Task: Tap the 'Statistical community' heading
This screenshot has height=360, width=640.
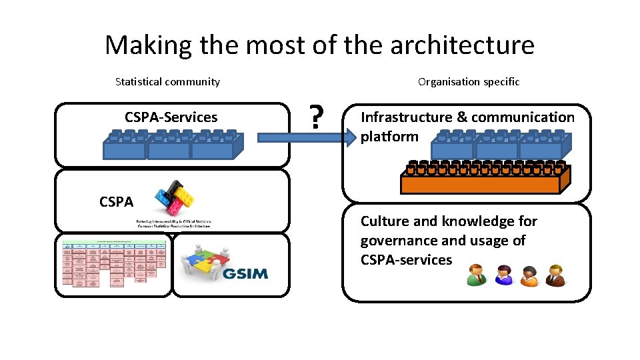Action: click(x=167, y=82)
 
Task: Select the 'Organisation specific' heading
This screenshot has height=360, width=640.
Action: click(x=468, y=82)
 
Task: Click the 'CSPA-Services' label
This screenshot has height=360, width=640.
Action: click(x=171, y=117)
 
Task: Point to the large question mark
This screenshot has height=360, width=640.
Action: click(x=317, y=118)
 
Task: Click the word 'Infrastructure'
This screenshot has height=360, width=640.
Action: click(x=406, y=117)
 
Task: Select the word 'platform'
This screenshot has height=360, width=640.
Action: click(x=389, y=137)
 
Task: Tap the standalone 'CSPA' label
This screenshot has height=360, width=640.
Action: click(x=116, y=201)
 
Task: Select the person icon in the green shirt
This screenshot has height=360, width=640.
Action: click(x=477, y=274)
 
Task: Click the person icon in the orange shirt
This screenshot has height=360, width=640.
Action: click(x=529, y=275)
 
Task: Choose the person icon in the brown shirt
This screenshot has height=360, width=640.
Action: click(x=555, y=275)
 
